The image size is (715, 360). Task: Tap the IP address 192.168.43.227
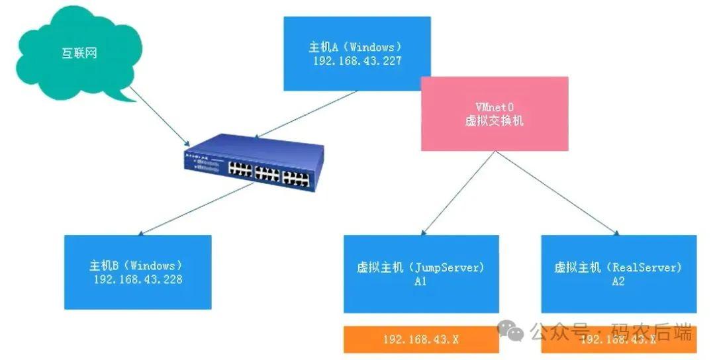click(x=358, y=61)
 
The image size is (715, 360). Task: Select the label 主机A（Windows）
click(x=356, y=48)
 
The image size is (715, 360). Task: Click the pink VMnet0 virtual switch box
click(x=495, y=113)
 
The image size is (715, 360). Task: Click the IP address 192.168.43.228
click(x=138, y=279)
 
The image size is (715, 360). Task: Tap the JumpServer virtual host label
click(x=420, y=268)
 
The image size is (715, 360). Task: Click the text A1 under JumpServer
click(x=420, y=281)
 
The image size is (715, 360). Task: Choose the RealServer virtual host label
click(x=618, y=268)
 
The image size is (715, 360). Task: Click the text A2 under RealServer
click(x=618, y=281)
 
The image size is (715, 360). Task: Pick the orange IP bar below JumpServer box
click(x=420, y=339)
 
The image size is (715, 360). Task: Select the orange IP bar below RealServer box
click(x=618, y=339)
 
